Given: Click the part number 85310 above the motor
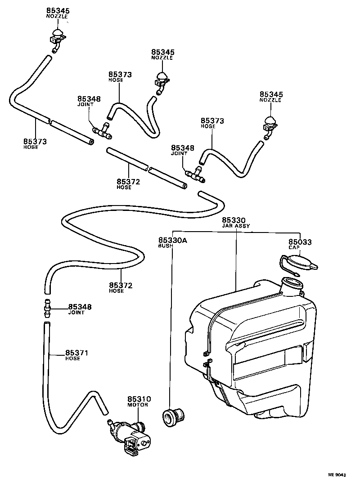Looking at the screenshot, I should (139, 399).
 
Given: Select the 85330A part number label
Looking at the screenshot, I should (172, 241).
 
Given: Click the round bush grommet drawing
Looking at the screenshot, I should (174, 416).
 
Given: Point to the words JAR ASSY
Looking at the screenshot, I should (236, 226).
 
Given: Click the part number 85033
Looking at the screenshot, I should (300, 242).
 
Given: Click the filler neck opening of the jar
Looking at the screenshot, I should (292, 285).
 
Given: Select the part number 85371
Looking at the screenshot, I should (76, 353).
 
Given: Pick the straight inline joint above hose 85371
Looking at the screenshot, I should (46, 308).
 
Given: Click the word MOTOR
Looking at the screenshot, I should (139, 405).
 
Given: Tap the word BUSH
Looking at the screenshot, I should (165, 246).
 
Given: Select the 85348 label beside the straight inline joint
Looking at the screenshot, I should (80, 307).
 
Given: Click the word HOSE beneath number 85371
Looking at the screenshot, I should (72, 358).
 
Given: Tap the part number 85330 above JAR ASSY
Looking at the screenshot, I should (234, 220).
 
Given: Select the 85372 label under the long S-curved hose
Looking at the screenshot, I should (120, 285).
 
